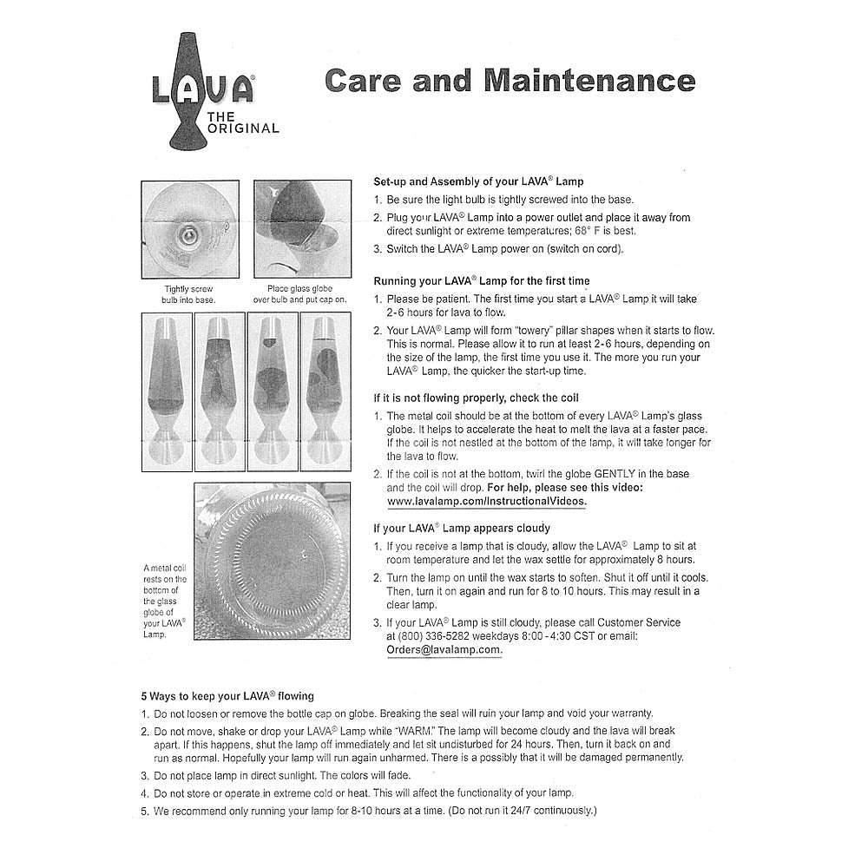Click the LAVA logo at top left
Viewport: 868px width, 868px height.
[x=202, y=89]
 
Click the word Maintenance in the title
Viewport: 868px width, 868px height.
[x=589, y=81]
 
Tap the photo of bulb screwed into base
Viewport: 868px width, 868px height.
[x=189, y=228]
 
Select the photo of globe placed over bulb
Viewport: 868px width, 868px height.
[x=302, y=228]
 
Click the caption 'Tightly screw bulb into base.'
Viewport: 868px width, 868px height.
[x=188, y=294]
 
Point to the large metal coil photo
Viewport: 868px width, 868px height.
[x=272, y=561]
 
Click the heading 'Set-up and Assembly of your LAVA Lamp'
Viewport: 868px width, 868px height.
[x=478, y=182]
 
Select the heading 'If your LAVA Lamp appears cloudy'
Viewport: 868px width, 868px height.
[x=462, y=528]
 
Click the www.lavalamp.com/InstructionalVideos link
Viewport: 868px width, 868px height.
[x=487, y=502]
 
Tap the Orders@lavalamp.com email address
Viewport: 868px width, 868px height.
[x=444, y=649]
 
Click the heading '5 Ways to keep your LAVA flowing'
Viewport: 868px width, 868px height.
[x=227, y=696]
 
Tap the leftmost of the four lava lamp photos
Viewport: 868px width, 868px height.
[x=166, y=391]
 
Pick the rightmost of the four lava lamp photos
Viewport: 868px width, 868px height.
[x=325, y=391]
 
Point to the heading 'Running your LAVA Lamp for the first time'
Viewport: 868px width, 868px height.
[x=481, y=281]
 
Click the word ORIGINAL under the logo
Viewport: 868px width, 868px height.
[x=243, y=128]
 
